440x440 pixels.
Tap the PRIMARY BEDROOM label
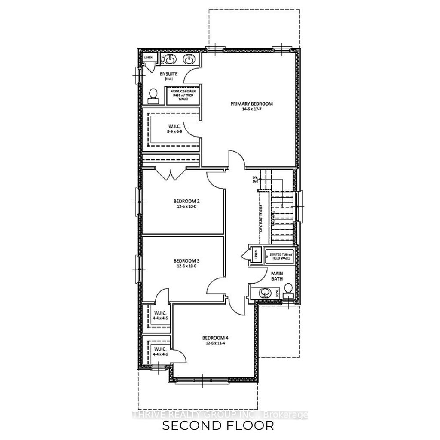251,104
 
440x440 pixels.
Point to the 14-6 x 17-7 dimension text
251,109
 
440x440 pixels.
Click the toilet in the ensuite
153,96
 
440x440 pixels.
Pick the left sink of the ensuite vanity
171,58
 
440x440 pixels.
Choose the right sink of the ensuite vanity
189,58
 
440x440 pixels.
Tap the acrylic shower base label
182,95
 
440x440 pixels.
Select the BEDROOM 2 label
186,201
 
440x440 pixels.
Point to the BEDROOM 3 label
186,260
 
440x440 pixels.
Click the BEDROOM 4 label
215,338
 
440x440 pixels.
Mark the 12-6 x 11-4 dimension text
215,343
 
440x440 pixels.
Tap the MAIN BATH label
276,275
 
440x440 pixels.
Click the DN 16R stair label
256,179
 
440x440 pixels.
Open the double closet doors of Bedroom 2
171,174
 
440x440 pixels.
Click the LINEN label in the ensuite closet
148,57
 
